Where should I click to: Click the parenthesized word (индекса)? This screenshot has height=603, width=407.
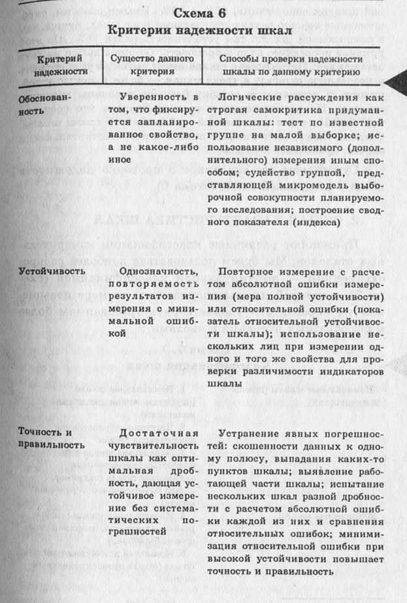tap(312, 223)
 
